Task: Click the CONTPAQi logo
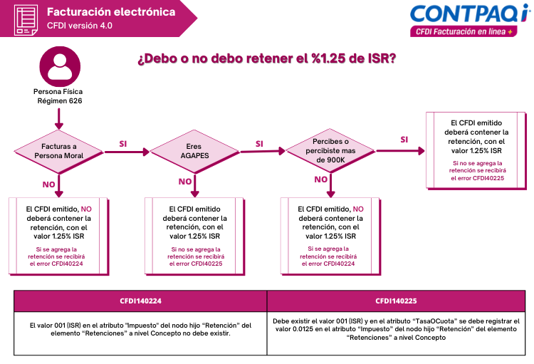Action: pos(470,14)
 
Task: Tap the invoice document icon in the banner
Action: pos(26,20)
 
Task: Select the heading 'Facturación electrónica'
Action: pos(111,12)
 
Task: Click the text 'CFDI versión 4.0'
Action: pos(80,26)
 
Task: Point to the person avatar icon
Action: pos(60,66)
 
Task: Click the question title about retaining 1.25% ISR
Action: pos(267,58)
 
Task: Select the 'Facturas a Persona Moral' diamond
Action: pos(58,152)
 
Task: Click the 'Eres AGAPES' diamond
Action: pos(194,151)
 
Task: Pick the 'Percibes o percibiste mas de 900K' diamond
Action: pos(330,150)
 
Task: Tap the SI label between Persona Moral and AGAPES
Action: pos(123,144)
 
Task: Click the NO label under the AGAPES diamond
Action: pos(185,182)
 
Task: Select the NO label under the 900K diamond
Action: pos(321,180)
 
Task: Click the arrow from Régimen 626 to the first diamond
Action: pos(59,119)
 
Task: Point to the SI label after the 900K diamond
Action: pos(404,140)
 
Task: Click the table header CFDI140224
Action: pos(141,301)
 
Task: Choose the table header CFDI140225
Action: pos(396,301)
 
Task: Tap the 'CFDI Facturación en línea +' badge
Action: pos(464,31)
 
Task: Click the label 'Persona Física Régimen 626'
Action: pos(58,96)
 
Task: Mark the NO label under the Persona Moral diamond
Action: pos(48,184)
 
